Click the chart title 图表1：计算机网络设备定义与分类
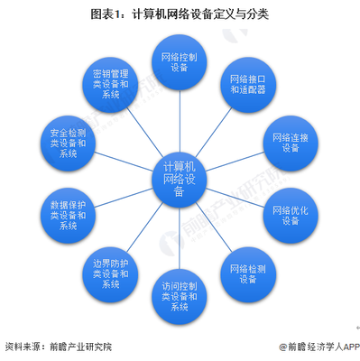pyautogui.click(x=180, y=15)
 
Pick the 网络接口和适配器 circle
pyautogui.click(x=246, y=86)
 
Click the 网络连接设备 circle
pyautogui.click(x=290, y=143)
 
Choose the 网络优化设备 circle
pyautogui.click(x=290, y=217)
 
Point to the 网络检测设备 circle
pyautogui.click(x=246, y=273)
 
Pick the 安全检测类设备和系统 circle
pyautogui.click(x=68, y=143)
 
